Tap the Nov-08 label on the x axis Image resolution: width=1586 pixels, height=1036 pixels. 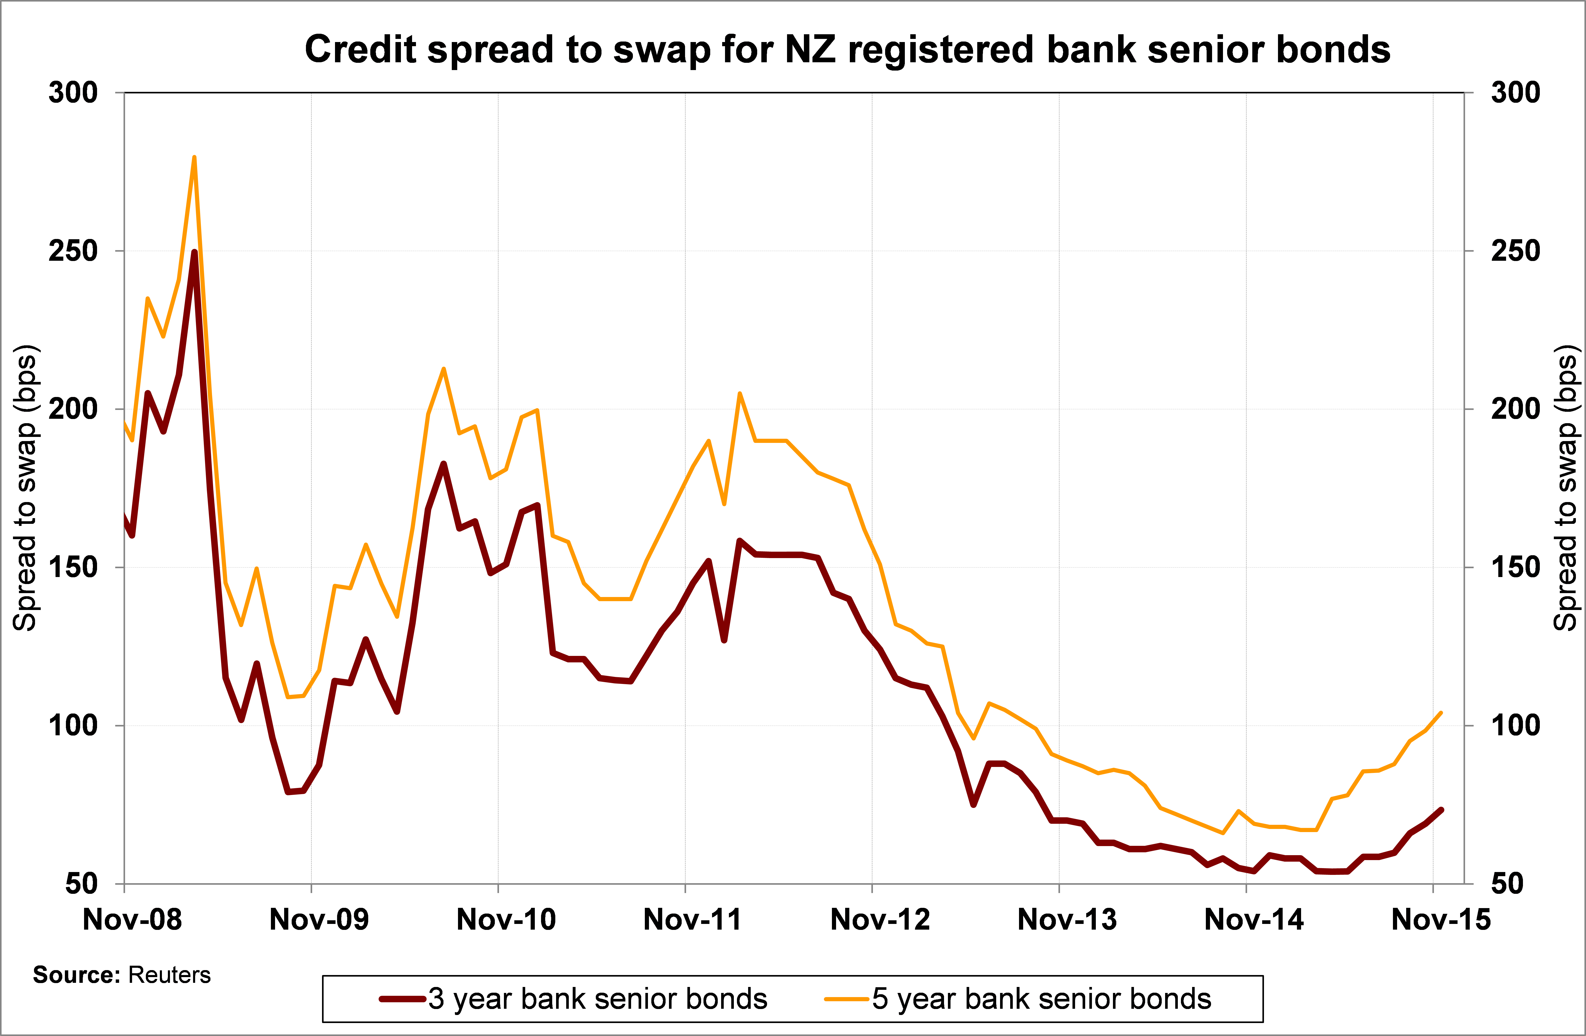pyautogui.click(x=132, y=920)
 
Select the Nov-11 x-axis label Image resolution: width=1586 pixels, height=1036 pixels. pyautogui.click(x=692, y=920)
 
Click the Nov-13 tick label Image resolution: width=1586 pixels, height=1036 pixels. pyautogui.click(x=1067, y=920)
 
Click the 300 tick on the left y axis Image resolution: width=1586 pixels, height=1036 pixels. pyautogui.click(x=73, y=93)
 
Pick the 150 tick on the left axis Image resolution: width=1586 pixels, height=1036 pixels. pyautogui.click(x=73, y=568)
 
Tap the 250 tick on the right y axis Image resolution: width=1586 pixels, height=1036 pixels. pyautogui.click(x=1515, y=251)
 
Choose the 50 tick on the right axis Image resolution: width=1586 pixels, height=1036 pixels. pyautogui.click(x=1507, y=884)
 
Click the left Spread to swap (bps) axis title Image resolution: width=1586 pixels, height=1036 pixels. pyautogui.click(x=25, y=488)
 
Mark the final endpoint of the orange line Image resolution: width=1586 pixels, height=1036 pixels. pyautogui.click(x=1441, y=713)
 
